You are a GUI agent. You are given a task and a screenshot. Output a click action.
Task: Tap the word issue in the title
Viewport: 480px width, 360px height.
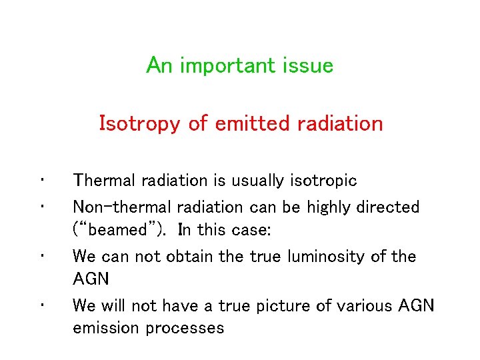tap(309, 65)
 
